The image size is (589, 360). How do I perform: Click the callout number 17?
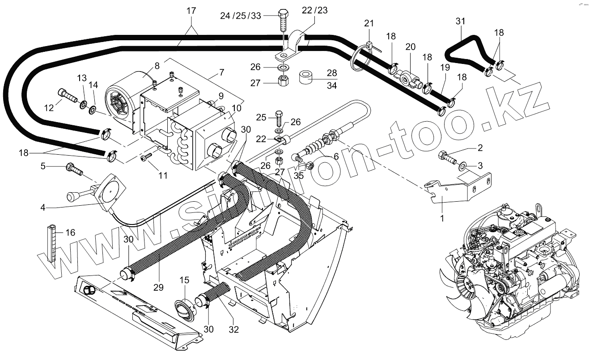191,11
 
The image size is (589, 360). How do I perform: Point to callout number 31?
461,21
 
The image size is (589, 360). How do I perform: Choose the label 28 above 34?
331,73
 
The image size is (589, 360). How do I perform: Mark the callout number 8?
157,66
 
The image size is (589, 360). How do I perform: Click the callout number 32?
233,330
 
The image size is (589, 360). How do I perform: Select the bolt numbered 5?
74,169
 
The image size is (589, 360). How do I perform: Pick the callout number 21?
369,23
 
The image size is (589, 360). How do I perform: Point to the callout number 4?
43,207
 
